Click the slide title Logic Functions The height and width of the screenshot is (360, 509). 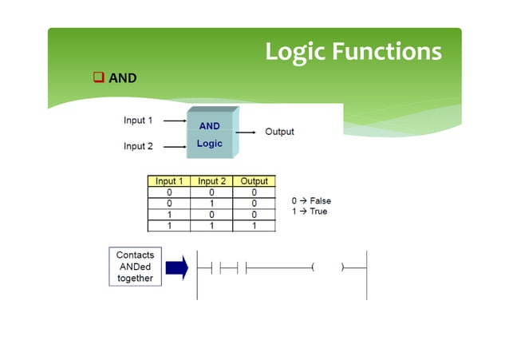coord(353,51)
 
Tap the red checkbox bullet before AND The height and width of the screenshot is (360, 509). coord(98,77)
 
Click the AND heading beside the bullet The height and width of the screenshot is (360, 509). coord(123,77)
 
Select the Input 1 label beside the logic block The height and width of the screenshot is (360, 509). coord(139,121)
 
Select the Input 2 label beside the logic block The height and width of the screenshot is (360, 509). coord(139,146)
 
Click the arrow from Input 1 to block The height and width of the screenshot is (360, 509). coord(174,121)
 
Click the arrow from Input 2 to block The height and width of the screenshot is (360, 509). coord(174,147)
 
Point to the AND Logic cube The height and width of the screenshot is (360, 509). coord(211,134)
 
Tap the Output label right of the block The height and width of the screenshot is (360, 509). coord(279,131)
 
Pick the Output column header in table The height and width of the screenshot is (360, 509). coord(254,182)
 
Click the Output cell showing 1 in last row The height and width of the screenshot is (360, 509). coord(254,226)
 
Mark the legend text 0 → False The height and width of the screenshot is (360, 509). coord(311,201)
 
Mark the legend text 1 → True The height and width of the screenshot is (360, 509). coord(310,212)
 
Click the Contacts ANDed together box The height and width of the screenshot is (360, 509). coord(136,267)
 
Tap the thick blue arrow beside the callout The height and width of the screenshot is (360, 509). coord(177,267)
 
